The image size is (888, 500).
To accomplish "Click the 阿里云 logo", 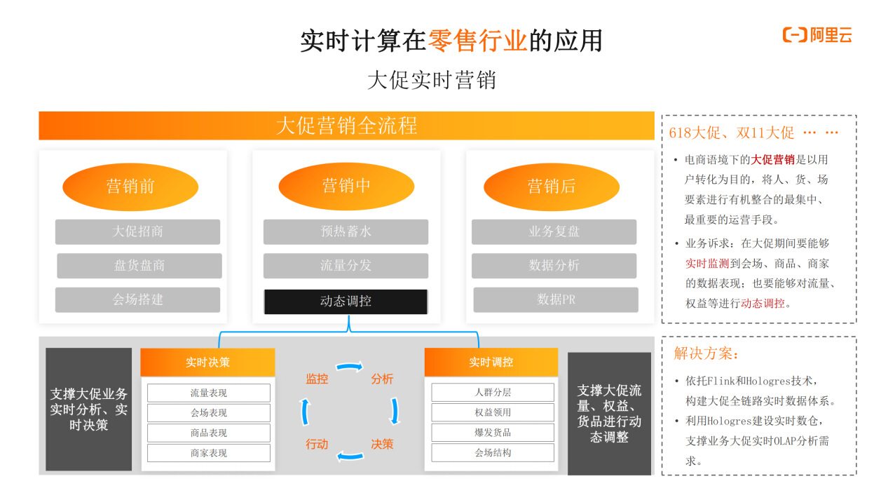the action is click(x=817, y=35).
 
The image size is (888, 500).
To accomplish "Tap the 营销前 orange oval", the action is click(x=130, y=187).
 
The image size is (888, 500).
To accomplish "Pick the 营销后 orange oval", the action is click(x=552, y=187).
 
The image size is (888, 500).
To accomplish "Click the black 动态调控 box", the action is click(x=346, y=302).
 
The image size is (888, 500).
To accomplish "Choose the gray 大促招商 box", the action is click(x=137, y=231).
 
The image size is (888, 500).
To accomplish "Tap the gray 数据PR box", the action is click(x=555, y=299).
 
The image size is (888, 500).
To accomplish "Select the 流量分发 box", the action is click(x=346, y=266).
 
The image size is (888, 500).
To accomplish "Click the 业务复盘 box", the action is click(x=554, y=231).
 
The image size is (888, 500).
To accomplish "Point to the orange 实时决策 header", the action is click(x=207, y=363).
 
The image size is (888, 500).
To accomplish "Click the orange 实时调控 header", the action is click(x=491, y=363).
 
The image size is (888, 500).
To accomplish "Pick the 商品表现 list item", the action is click(x=208, y=433).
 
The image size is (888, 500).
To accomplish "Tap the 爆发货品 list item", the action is click(x=492, y=432).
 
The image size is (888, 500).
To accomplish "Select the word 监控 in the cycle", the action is click(x=317, y=379).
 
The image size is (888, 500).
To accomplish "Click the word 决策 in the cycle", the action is click(x=382, y=444).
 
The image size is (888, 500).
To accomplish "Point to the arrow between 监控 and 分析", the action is click(x=350, y=366).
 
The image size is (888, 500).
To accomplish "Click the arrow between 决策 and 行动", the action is click(x=350, y=457).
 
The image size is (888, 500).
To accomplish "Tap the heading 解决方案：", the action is click(x=706, y=354).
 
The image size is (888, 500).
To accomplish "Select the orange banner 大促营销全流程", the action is click(x=346, y=126).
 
